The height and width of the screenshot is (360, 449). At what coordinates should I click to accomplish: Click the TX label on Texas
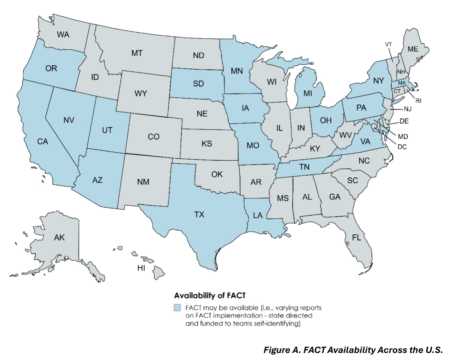coord(199,215)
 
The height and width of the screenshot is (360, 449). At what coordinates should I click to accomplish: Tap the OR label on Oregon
coord(51,69)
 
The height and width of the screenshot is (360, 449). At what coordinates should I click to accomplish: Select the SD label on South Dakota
coord(198,84)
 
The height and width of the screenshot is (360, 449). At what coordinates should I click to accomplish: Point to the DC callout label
coord(402,147)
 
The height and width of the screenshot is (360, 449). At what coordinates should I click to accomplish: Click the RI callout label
coord(418,101)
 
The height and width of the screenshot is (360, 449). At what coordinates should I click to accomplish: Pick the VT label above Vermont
coord(388,45)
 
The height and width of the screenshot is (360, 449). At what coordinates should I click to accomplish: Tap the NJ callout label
coord(407,109)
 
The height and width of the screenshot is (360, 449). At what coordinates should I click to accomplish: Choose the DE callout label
coord(404,121)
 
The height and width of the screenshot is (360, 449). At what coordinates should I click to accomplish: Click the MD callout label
coord(403,136)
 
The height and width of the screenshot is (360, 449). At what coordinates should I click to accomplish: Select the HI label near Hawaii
coord(141,268)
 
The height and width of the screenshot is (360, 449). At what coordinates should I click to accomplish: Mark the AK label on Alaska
coord(59,238)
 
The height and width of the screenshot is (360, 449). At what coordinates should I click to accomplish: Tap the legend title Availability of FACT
coord(210,295)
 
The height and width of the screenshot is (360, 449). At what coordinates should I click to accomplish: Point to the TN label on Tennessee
coord(304,167)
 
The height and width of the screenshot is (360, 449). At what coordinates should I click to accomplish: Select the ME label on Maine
coord(413,49)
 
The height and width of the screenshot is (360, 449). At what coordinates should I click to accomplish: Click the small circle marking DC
coord(374,126)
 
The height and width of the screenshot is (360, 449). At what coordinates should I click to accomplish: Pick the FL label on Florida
coord(356,238)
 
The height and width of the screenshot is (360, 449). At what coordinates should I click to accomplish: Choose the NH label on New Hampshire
coord(401,72)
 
